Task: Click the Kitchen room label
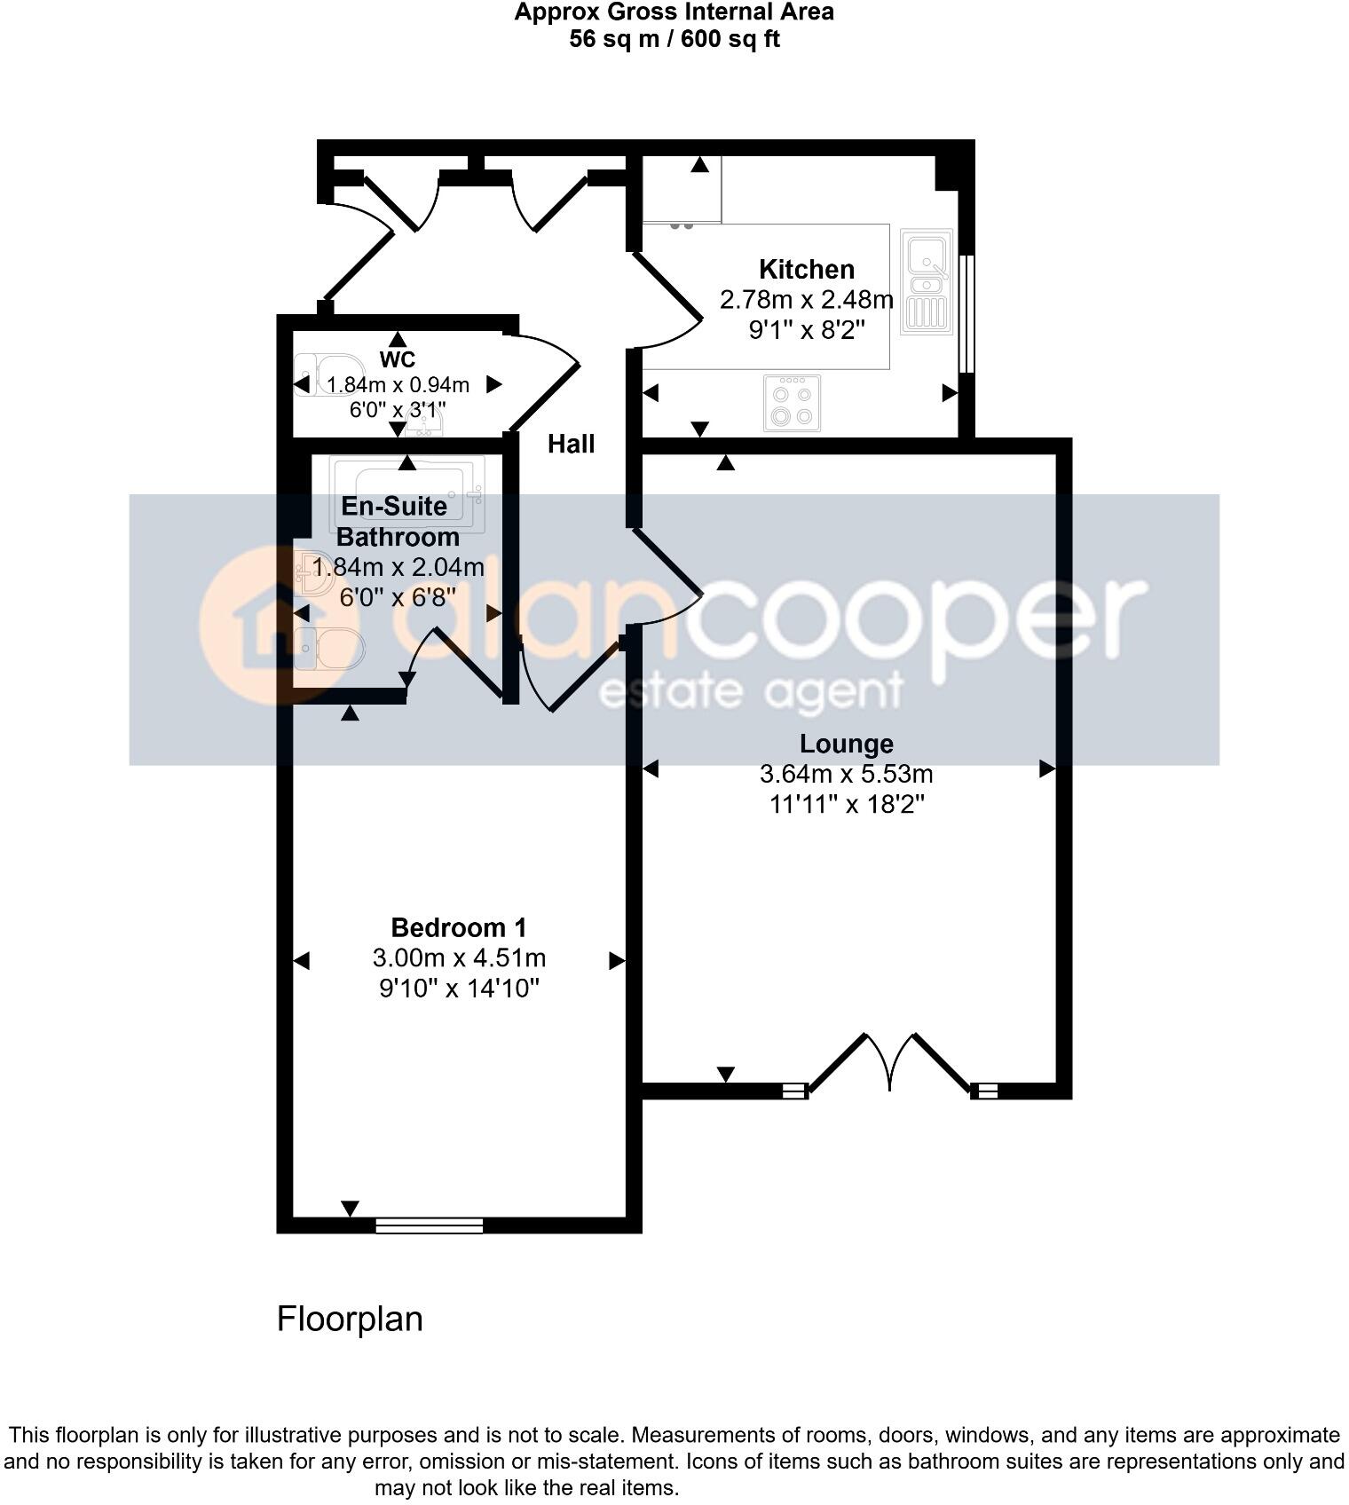806,269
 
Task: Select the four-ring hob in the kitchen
792,404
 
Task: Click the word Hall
571,444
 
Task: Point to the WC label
397,359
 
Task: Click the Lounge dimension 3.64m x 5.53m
845,774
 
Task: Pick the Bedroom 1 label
458,928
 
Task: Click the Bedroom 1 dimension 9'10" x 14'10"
459,988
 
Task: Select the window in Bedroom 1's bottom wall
429,1225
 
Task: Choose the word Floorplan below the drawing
350,1319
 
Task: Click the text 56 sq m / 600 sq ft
674,39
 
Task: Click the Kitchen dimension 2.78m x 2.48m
806,300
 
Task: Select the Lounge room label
846,744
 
